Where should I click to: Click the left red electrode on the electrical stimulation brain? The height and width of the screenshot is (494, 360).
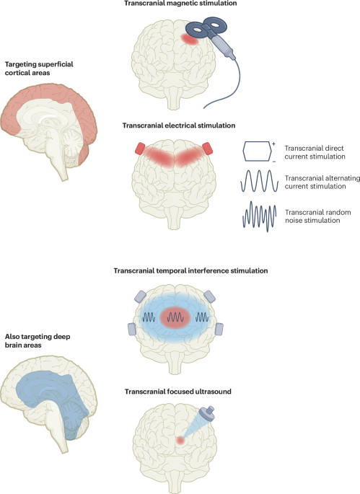(139, 149)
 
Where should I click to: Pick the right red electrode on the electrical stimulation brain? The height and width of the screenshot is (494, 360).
(208, 149)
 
